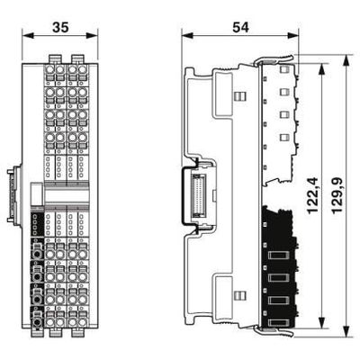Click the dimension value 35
point(60,27)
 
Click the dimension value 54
point(240,27)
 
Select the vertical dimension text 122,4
point(312,195)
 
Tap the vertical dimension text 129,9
point(337,195)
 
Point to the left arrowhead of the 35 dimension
point(27,36)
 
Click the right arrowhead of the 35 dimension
point(93,36)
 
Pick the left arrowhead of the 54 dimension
point(187,36)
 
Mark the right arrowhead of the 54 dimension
point(293,36)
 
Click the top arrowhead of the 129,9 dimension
point(346,60)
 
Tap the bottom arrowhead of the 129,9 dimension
point(346,331)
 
